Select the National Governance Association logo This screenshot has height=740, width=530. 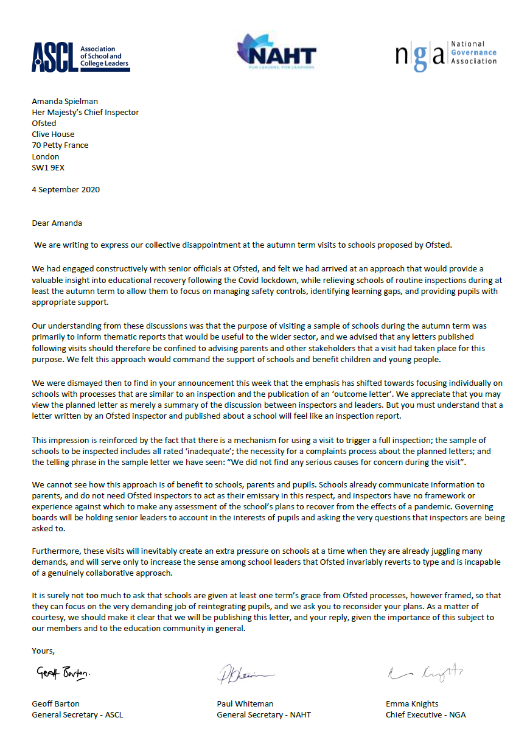click(x=446, y=55)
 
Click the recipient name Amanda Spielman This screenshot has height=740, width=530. click(x=65, y=101)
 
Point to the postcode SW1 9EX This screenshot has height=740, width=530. click(x=48, y=167)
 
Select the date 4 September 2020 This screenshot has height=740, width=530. click(x=66, y=189)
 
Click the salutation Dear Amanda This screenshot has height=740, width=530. click(x=58, y=223)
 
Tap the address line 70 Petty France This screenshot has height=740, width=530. click(x=60, y=145)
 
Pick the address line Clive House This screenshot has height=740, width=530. click(x=53, y=134)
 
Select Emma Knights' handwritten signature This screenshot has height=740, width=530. click(x=425, y=672)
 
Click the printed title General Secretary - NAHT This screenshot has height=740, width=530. click(x=263, y=714)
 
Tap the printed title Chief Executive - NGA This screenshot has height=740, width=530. click(x=425, y=714)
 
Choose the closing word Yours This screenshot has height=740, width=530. click(x=43, y=651)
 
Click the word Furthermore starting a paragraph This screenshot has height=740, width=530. click(x=56, y=550)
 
